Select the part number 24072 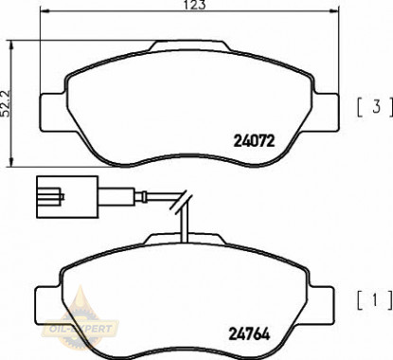253,142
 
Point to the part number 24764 251,333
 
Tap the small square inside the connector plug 45,199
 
